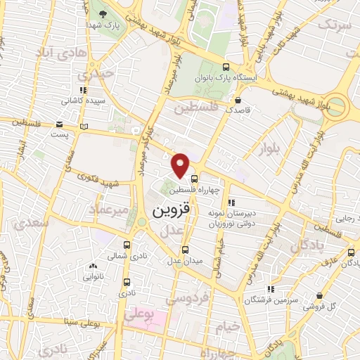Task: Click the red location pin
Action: click(181, 164)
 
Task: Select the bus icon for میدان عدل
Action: click(185, 250)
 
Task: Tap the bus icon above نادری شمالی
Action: click(127, 245)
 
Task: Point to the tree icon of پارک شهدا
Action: click(103, 14)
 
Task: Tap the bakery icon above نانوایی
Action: click(94, 266)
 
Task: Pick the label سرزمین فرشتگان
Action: click(266, 300)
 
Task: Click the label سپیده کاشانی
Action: click(80, 101)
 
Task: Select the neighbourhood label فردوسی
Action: click(186, 299)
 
